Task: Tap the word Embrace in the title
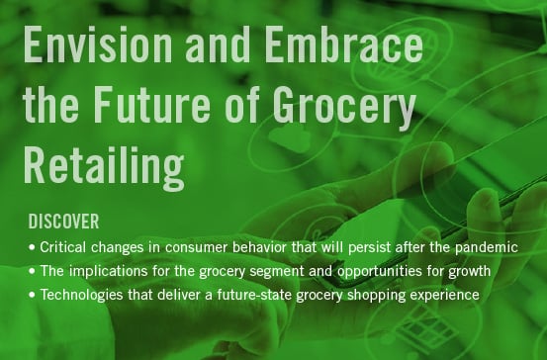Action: point(340,47)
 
